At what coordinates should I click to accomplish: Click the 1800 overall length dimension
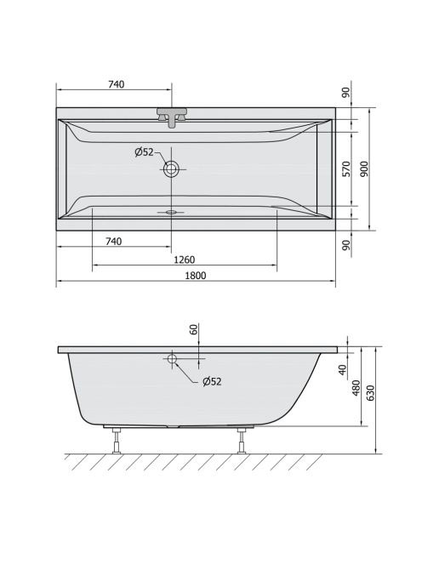(196, 276)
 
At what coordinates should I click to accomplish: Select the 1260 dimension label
(184, 260)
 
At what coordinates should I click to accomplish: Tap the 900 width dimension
(365, 168)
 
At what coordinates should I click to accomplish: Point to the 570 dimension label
(346, 168)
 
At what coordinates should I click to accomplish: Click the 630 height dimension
(371, 393)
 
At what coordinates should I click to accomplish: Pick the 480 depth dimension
(356, 388)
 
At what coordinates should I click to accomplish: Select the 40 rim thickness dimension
(343, 369)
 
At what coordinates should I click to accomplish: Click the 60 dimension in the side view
(194, 329)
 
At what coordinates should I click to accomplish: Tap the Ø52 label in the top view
(144, 152)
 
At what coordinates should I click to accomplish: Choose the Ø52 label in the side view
(212, 381)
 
